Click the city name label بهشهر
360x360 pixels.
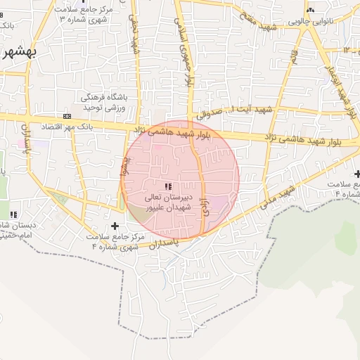coord(15,53)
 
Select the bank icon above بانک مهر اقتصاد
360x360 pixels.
coord(67,116)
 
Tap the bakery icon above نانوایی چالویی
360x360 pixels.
coord(310,10)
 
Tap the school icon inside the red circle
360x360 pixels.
coord(167,186)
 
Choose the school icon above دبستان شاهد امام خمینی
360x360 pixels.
coord(13,214)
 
